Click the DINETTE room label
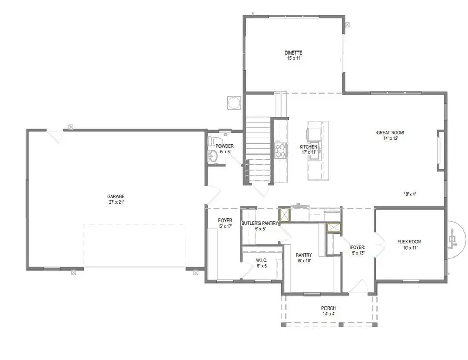click(293, 53)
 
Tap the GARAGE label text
click(116, 197)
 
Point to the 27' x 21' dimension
click(116, 202)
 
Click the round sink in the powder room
click(213, 156)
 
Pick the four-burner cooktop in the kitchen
click(281, 150)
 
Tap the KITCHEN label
click(308, 147)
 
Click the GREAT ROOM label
click(390, 133)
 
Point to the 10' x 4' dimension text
click(410, 195)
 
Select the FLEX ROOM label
click(410, 242)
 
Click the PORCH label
click(329, 308)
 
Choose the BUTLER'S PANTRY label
click(259, 223)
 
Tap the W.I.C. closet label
click(262, 260)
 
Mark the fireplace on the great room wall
click(441, 150)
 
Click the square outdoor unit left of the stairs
click(234, 102)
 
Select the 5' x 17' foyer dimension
click(226, 226)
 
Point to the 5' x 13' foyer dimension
click(358, 253)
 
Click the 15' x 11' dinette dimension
click(294, 58)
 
